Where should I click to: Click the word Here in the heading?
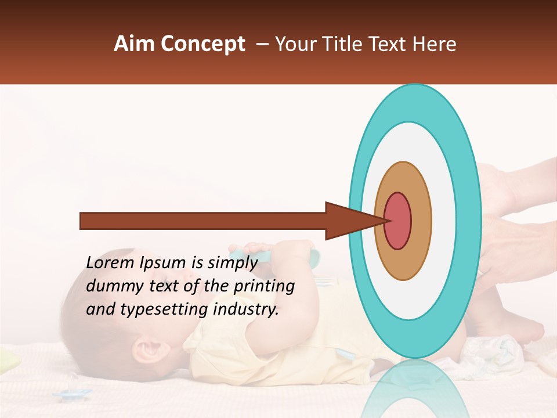pos(435,44)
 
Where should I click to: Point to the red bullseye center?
pos(397,221)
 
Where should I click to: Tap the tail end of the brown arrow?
pos(82,221)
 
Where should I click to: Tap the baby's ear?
pos(148,351)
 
